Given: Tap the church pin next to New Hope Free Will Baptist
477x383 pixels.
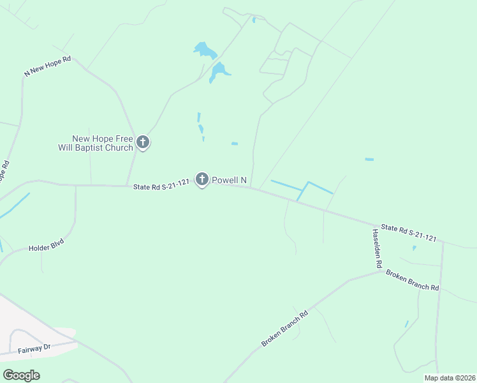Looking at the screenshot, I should pyautogui.click(x=143, y=143).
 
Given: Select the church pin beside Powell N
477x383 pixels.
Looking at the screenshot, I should pyautogui.click(x=202, y=181).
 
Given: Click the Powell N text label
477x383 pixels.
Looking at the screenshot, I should pyautogui.click(x=229, y=181).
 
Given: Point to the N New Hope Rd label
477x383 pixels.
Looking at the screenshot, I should pyautogui.click(x=47, y=66).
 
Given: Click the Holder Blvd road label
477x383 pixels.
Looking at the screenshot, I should pyautogui.click(x=47, y=243).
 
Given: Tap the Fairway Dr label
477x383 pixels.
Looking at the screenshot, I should pyautogui.click(x=34, y=348).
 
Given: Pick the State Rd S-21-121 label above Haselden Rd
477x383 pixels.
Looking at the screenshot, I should pyautogui.click(x=409, y=233).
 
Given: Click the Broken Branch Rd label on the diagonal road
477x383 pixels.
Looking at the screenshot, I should pyautogui.click(x=284, y=329).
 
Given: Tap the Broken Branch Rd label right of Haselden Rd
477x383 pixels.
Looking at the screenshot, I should pyautogui.click(x=413, y=282).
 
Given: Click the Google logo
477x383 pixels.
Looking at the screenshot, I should pyautogui.click(x=22, y=375).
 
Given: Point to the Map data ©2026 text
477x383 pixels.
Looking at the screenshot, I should pyautogui.click(x=449, y=378).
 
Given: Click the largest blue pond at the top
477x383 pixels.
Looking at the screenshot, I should pyautogui.click(x=205, y=50).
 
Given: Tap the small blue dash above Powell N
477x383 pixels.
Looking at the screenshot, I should pyautogui.click(x=235, y=144).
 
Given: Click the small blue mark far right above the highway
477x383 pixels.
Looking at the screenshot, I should pyautogui.click(x=369, y=159).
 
